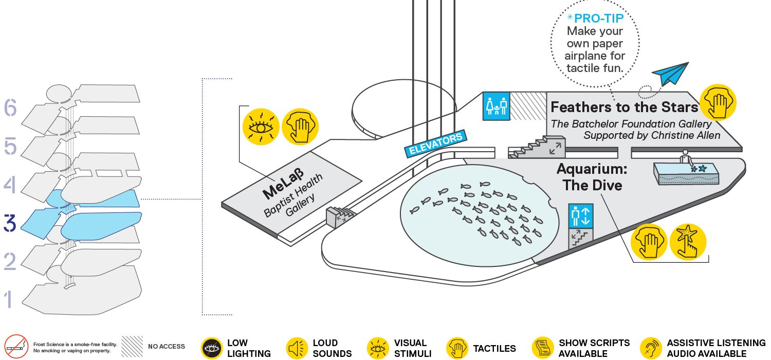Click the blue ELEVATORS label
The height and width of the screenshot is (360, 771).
[436, 143]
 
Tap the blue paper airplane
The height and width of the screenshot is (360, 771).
[670, 74]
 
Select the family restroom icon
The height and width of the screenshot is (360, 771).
[497, 106]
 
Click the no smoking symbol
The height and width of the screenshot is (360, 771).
[16, 347]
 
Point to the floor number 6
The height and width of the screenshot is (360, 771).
[10, 107]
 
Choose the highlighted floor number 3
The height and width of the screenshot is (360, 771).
[10, 223]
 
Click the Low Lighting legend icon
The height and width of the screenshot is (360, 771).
[212, 348]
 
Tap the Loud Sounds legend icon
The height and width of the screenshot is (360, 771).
[297, 348]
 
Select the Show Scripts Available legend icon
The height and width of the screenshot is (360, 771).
[543, 348]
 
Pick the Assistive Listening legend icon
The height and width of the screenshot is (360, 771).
[651, 348]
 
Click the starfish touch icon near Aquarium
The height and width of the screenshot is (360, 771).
[688, 242]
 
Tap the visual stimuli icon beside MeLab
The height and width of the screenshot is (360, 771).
[261, 127]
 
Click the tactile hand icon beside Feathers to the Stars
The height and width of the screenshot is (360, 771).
[719, 102]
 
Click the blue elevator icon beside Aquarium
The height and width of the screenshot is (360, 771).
[581, 216]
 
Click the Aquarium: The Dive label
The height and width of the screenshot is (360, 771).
[592, 177]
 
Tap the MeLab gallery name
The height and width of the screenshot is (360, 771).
[283, 184]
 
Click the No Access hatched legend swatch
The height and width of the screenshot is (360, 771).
[132, 346]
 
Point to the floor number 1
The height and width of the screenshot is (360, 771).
[9, 299]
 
